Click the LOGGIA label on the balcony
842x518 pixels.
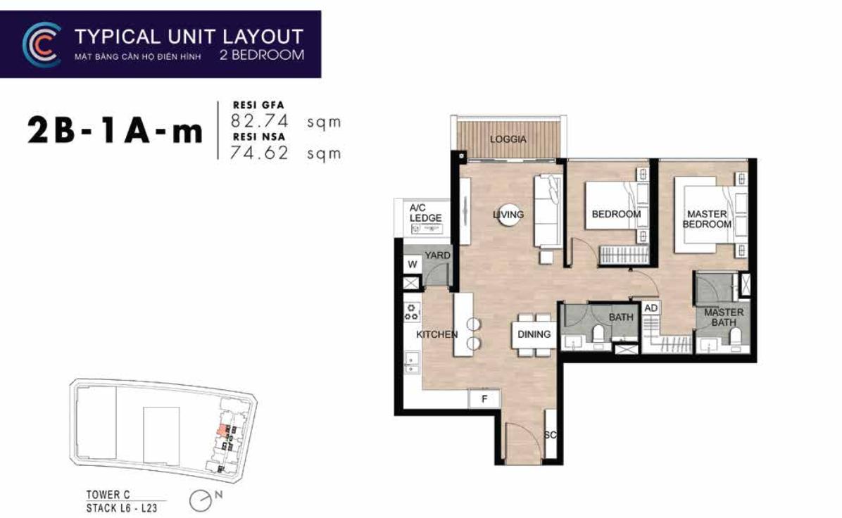point(508,139)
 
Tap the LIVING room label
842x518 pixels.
point(508,214)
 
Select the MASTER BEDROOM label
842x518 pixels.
point(707,219)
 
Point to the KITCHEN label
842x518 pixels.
point(437,334)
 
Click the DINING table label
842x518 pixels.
point(534,334)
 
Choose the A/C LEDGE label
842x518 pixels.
point(425,213)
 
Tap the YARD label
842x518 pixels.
point(437,255)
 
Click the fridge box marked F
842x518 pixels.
point(484,399)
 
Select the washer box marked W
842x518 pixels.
point(413,264)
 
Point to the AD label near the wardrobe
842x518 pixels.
point(651,308)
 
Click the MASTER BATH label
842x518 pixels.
point(723,317)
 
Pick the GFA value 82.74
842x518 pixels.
point(259,120)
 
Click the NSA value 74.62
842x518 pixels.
point(259,153)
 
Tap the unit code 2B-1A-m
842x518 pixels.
point(115,131)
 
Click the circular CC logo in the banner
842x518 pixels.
point(42,44)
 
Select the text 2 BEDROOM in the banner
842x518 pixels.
point(261,55)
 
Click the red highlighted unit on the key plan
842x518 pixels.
point(221,429)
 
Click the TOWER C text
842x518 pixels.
point(108,494)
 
